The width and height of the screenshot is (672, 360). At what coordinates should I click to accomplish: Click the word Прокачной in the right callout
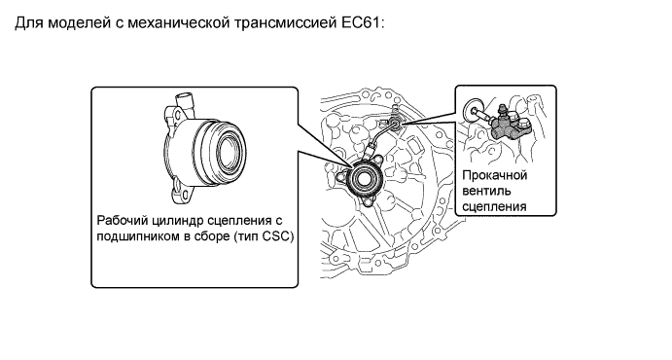click(x=495, y=175)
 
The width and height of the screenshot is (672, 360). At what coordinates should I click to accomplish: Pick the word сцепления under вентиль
click(x=494, y=206)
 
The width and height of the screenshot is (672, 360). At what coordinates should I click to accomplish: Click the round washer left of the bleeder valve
click(x=473, y=110)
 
